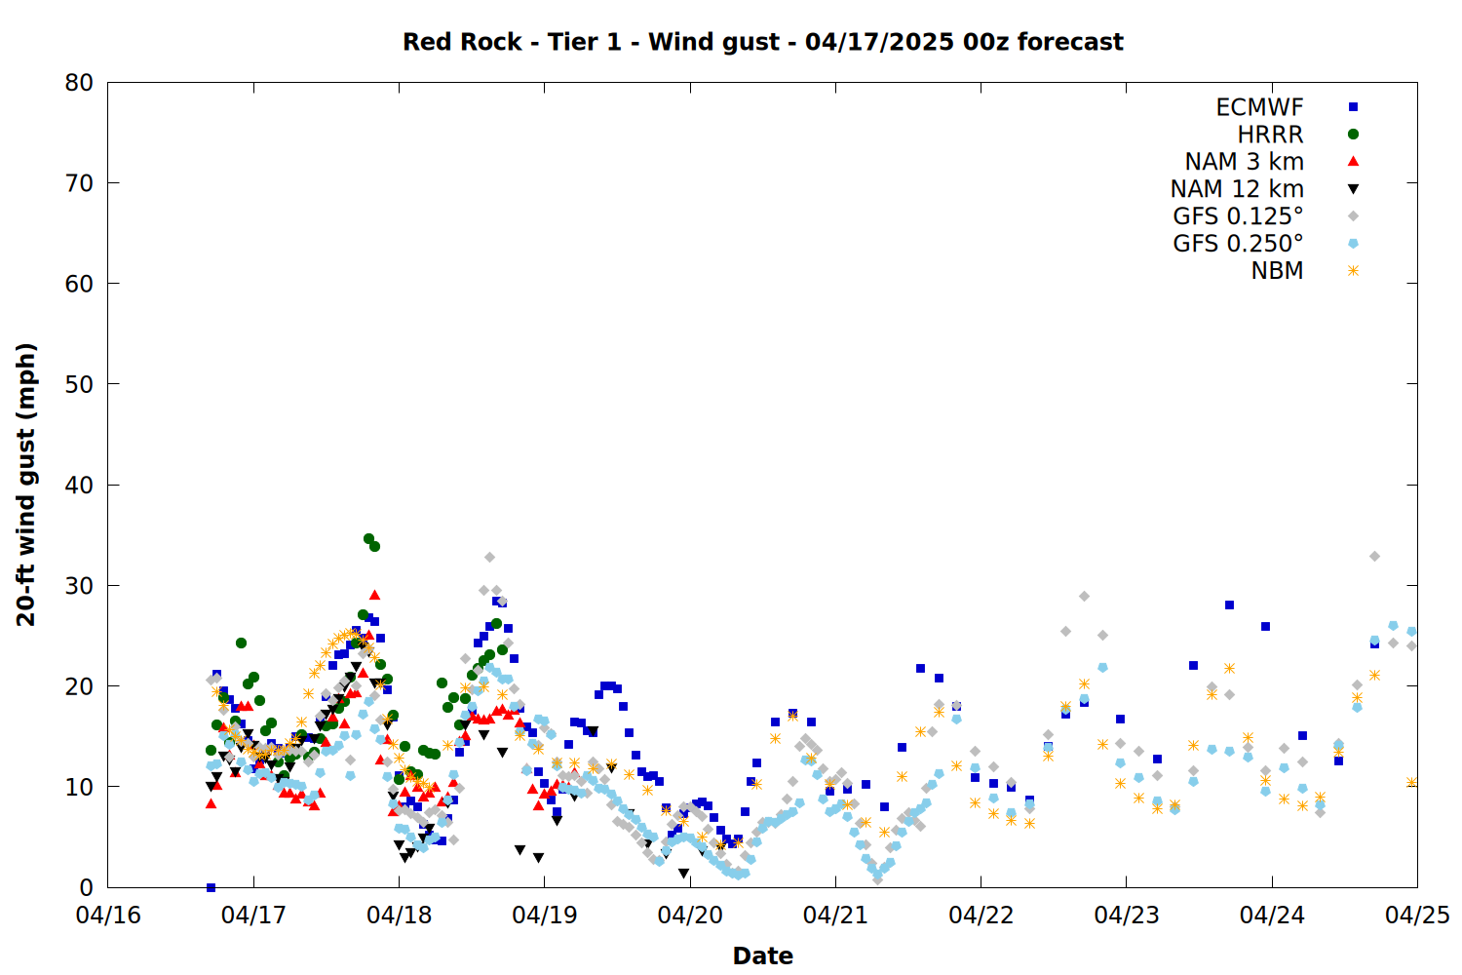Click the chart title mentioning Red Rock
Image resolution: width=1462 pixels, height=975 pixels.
point(762,42)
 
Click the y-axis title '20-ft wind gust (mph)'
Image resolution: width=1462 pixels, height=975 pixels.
point(25,485)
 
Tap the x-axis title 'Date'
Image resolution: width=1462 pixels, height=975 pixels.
point(762,955)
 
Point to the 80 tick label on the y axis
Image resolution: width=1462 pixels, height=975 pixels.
point(79,83)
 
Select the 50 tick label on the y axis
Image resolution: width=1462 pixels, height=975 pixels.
point(79,385)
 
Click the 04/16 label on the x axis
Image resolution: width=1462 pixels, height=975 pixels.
point(108,915)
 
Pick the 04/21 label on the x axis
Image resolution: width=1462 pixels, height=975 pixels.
point(835,915)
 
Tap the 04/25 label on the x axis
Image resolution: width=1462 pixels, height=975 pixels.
point(1417,915)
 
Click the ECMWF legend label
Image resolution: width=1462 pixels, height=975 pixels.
point(1259,107)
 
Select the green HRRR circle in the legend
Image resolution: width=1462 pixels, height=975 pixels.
point(1353,135)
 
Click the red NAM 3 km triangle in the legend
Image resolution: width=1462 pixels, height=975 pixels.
point(1353,161)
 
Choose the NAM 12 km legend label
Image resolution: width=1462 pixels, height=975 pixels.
point(1237,189)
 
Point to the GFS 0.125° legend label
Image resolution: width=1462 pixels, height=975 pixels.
point(1238,216)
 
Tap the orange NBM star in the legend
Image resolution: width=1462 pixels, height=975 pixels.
point(1353,270)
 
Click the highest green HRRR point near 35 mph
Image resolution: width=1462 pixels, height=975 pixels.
point(368,539)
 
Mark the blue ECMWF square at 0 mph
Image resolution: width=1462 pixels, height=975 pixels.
point(211,887)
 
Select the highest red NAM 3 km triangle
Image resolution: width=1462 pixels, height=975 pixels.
point(374,595)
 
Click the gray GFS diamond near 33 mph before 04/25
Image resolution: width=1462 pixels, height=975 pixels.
point(1374,557)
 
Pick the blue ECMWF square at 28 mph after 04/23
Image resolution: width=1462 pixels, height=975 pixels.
point(1229,605)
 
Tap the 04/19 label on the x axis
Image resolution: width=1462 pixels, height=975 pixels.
point(544,915)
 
